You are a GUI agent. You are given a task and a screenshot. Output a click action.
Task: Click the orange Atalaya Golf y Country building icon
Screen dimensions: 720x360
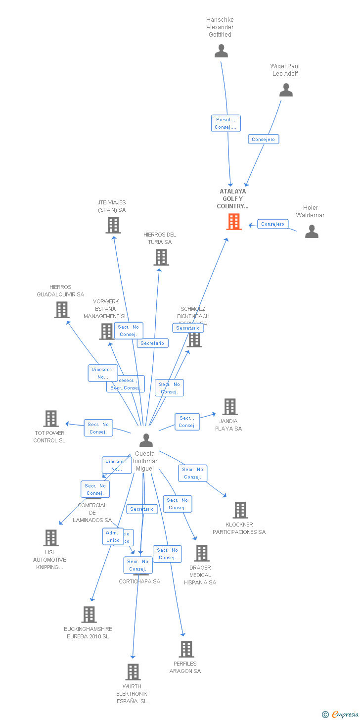pos(234,222)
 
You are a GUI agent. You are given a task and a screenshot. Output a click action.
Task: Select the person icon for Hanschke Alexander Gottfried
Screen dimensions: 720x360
pos(221,51)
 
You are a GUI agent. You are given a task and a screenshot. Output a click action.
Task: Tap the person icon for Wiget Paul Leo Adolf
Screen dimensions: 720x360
pos(286,90)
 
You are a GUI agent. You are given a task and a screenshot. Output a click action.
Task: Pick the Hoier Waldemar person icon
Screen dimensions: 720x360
pos(312,232)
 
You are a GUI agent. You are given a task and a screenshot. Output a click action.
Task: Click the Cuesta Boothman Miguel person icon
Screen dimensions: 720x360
pos(146,440)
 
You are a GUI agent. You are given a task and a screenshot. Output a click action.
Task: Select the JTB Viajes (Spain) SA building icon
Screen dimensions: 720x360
pos(113,225)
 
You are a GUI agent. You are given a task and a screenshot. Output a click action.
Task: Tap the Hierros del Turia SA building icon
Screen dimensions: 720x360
pos(161,257)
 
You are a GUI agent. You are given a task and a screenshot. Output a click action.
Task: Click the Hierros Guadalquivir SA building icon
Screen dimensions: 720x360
pos(61,310)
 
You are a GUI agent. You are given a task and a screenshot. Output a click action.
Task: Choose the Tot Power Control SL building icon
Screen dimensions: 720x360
pos(51,419)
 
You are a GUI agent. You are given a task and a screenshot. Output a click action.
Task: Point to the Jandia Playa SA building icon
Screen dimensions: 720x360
pos(229,407)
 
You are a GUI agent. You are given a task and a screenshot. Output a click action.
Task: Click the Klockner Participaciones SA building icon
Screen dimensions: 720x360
pos(240,510)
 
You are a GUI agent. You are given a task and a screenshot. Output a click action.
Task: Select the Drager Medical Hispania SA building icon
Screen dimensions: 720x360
pos(201,553)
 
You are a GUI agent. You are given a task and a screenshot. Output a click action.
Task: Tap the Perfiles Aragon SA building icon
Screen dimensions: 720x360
pos(186,649)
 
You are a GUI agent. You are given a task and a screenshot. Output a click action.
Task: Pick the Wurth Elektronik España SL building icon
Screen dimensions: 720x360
pos(133,672)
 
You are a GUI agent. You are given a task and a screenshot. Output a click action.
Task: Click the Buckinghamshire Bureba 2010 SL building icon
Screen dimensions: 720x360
pos(89,615)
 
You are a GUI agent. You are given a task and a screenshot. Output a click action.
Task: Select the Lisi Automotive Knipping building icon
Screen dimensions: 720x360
pos(51,538)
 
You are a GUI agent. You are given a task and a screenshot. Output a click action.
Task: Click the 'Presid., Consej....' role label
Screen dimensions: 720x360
pos(225,123)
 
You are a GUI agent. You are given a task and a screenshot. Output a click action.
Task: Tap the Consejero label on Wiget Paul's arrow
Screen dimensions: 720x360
pos(264,140)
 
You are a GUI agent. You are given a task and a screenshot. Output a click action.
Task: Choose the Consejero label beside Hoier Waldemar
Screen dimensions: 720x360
pos(273,224)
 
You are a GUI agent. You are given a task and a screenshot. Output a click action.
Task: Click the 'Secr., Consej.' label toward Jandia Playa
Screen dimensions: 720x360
pos(187,422)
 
